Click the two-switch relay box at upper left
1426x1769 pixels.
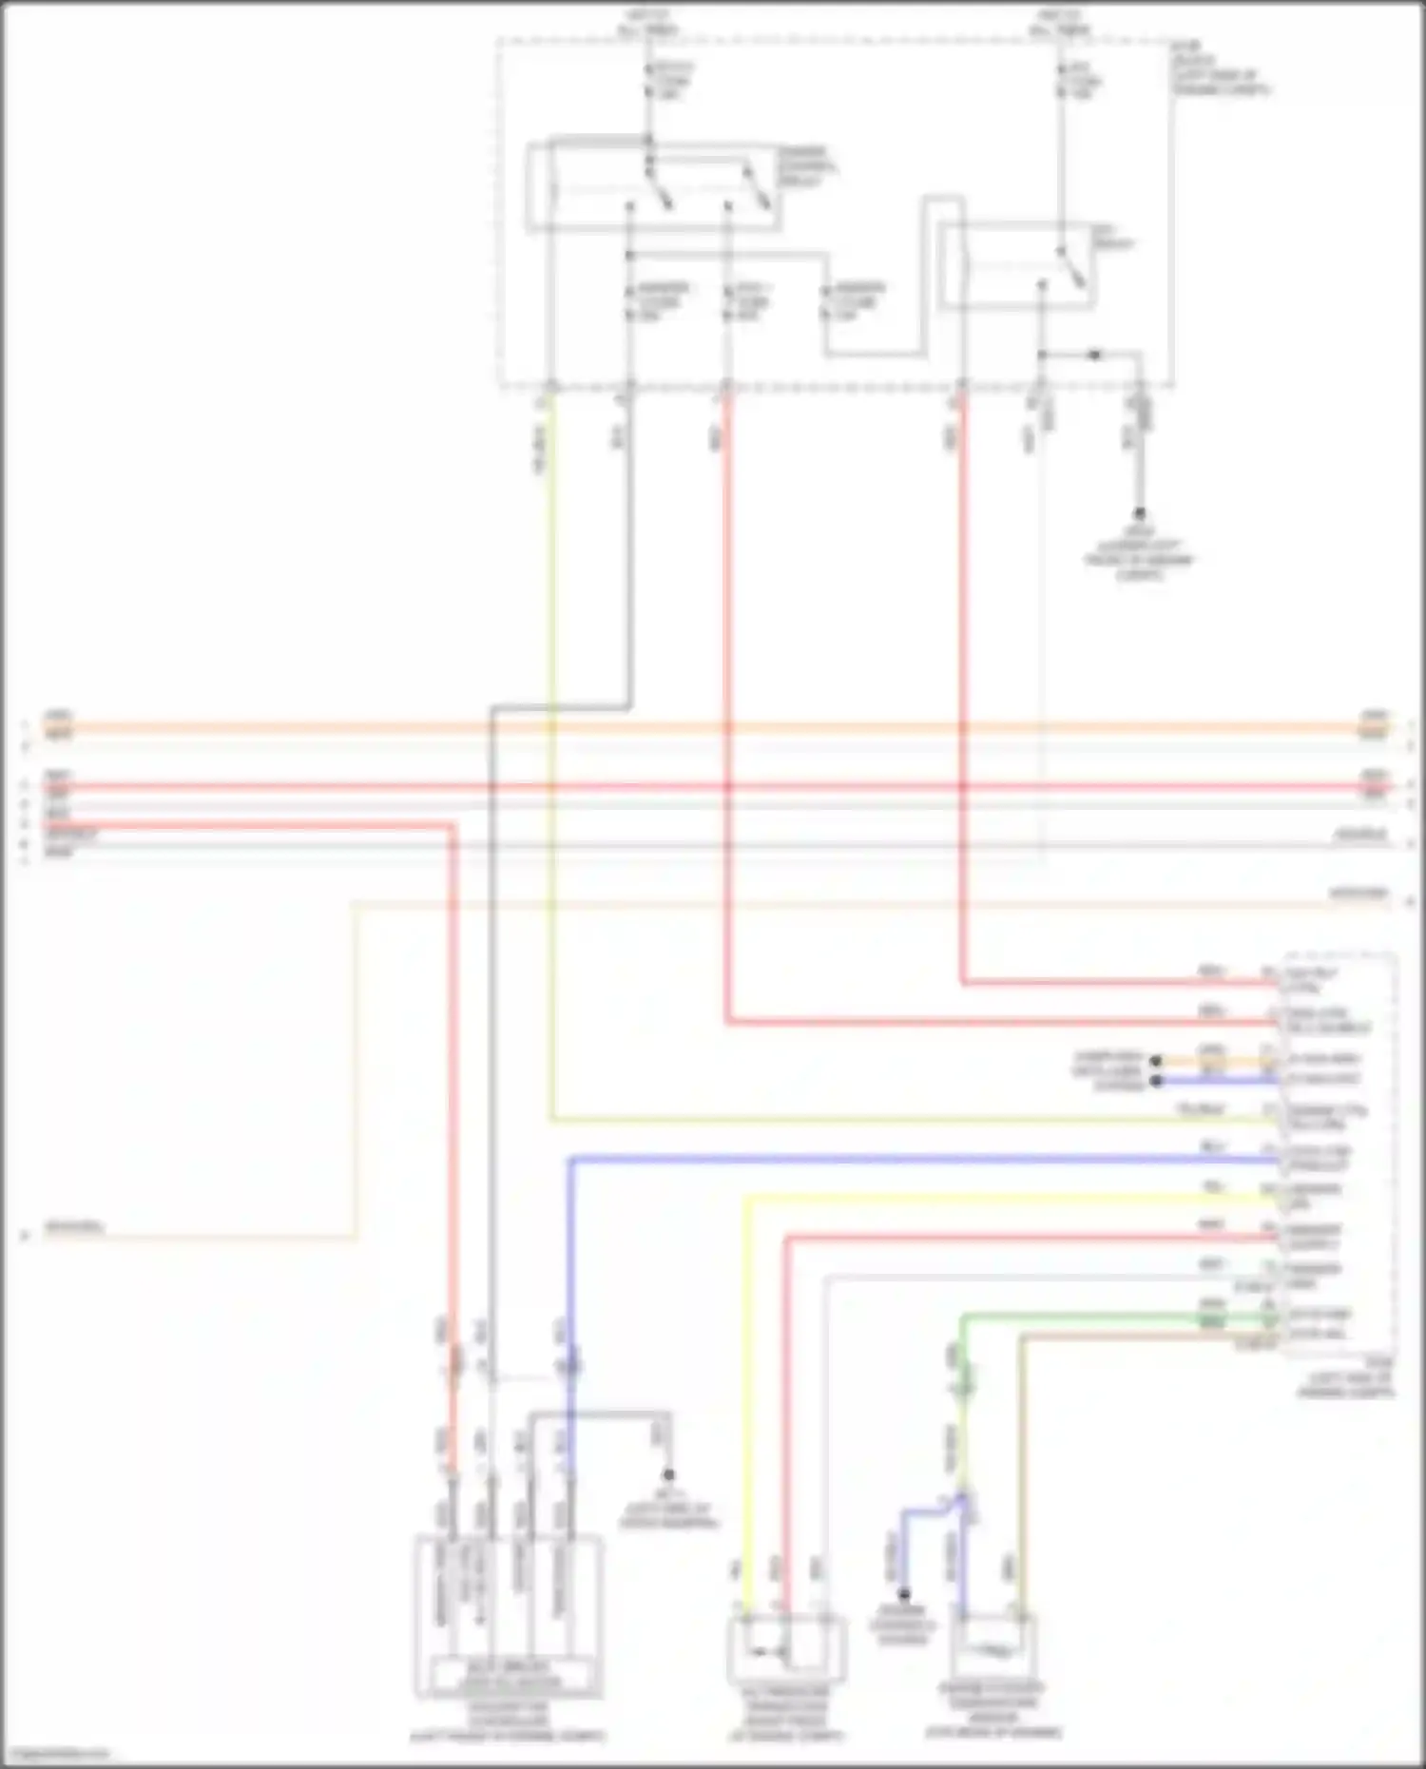point(655,188)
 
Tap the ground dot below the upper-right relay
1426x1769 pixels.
point(1140,513)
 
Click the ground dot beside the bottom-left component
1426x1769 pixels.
point(669,1475)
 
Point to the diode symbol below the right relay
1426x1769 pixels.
point(1094,355)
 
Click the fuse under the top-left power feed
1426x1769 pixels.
point(649,80)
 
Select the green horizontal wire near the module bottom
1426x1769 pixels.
point(1093,1317)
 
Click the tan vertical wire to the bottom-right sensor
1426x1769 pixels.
point(1022,1473)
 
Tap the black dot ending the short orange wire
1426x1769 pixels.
point(1156,1061)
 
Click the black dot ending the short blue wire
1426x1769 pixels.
point(1156,1081)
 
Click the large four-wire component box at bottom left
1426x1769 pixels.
point(509,1616)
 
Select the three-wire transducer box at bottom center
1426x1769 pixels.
point(786,1649)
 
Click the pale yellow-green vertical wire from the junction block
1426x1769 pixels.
point(550,760)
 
